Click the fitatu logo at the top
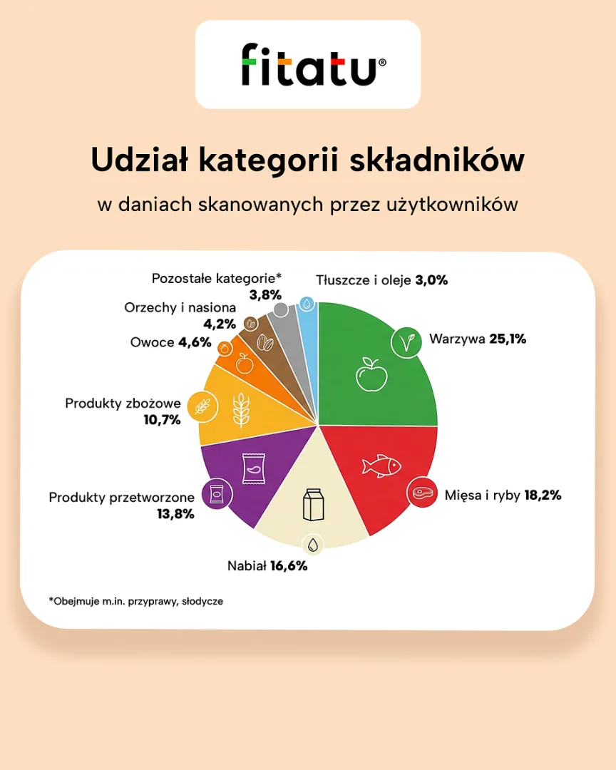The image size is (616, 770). (308, 64)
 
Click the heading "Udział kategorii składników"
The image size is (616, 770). (308, 160)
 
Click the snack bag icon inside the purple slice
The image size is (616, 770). (252, 469)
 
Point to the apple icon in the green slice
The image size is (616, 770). (371, 374)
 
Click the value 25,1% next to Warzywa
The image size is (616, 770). (508, 339)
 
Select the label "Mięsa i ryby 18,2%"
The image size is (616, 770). (503, 495)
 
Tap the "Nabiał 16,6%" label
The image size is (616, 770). (267, 566)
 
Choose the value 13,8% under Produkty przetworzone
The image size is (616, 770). (175, 513)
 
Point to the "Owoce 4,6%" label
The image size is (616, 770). (170, 342)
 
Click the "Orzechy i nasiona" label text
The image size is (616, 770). (180, 308)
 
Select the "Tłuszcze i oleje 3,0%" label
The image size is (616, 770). (382, 280)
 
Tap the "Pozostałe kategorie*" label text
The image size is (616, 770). (217, 278)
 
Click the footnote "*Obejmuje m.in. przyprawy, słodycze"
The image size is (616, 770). (136, 601)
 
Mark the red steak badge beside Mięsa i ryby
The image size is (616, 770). (422, 492)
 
